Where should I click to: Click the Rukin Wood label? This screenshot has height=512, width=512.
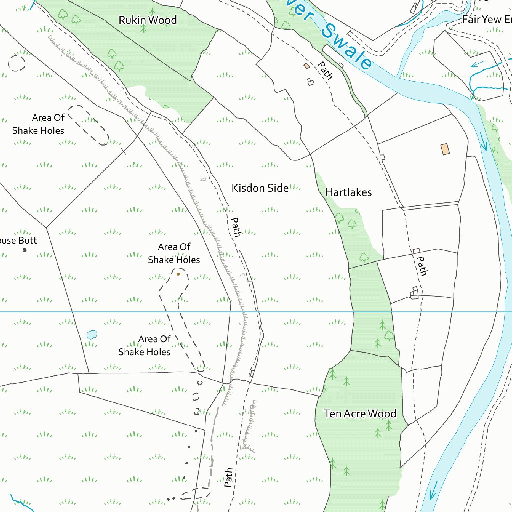[x=148, y=20]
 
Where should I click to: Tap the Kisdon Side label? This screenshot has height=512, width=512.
[x=260, y=188]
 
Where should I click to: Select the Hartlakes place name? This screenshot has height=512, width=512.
[x=348, y=192]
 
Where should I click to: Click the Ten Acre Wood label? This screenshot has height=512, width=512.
[x=360, y=414]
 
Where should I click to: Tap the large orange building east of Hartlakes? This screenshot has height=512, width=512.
[x=445, y=149]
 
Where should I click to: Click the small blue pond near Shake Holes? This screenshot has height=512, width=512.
[x=92, y=334]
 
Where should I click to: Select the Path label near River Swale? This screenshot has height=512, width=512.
[x=325, y=70]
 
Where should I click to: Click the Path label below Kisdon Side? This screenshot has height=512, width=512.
[x=235, y=227]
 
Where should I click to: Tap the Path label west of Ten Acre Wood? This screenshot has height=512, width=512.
[x=228, y=477]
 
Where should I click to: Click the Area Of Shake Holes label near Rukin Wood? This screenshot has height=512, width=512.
[x=39, y=124]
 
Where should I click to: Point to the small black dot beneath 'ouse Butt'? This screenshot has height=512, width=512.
[x=25, y=249]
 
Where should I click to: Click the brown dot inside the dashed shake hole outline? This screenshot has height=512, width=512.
[x=178, y=274]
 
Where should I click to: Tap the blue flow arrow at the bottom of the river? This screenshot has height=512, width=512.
[x=433, y=490]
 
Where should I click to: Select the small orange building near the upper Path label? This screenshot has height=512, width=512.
[x=306, y=66]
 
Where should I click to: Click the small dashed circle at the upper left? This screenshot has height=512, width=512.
[x=17, y=63]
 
